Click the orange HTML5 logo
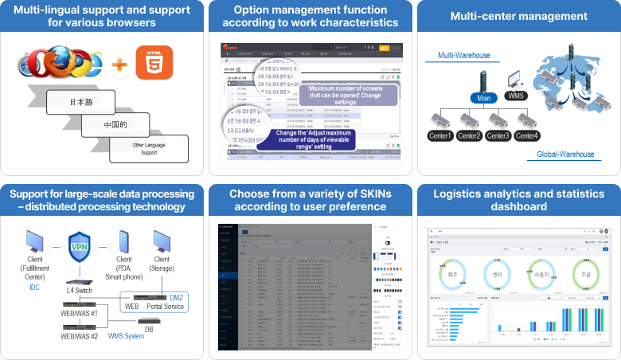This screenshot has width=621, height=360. pyautogui.click(x=154, y=62)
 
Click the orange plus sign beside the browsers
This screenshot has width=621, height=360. pyautogui.click(x=119, y=62)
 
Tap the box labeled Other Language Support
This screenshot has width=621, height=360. pyautogui.click(x=148, y=148)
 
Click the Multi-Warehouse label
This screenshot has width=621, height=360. pyautogui.click(x=462, y=56)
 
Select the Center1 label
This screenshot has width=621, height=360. pyautogui.click(x=440, y=135)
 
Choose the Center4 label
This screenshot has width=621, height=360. pyautogui.click(x=527, y=135)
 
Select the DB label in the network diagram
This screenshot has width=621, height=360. pyautogui.click(x=150, y=329)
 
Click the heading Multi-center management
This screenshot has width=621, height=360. pyautogui.click(x=518, y=16)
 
